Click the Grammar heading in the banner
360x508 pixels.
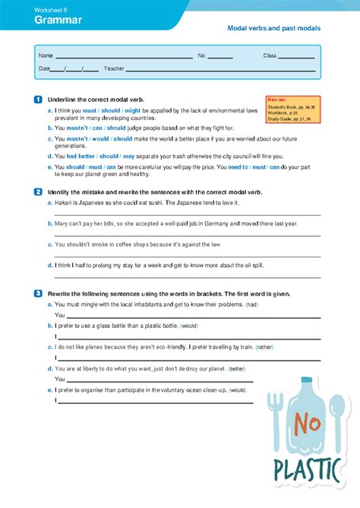point(58,21)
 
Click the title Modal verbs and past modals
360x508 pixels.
point(274,28)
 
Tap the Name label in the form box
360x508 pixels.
point(46,56)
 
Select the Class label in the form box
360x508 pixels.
point(270,56)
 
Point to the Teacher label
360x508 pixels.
point(114,69)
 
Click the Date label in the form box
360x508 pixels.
point(44,69)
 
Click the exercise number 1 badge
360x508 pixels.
point(38,99)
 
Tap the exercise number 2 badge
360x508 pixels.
point(38,193)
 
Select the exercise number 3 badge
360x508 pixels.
point(38,293)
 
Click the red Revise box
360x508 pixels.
point(292,109)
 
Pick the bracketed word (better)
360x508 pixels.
point(237,368)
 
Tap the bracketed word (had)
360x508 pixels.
point(252,304)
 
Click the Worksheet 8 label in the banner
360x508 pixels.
point(49,8)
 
